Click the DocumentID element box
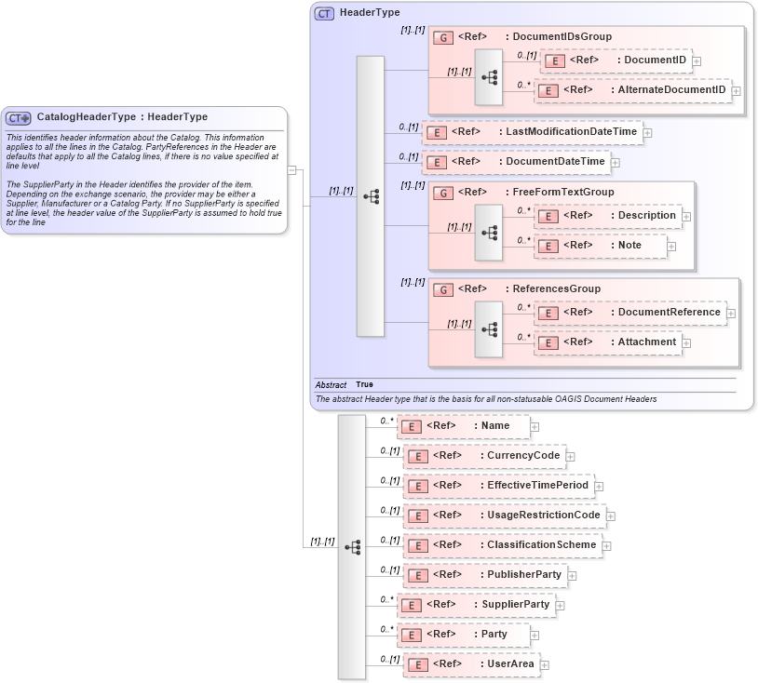tap(614, 60)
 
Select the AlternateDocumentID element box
tap(632, 90)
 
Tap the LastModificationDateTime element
tap(532, 132)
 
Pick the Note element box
tap(601, 246)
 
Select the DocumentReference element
tap(629, 313)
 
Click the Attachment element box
tap(608, 342)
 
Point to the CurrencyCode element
tap(483, 456)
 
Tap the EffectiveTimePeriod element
tap(497, 486)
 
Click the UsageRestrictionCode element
tap(504, 516)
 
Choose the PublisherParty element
tap(484, 575)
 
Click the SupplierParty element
tap(476, 605)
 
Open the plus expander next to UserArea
tap(545, 665)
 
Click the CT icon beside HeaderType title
tap(324, 13)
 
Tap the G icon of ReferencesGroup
tap(444, 289)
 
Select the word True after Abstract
tap(364, 384)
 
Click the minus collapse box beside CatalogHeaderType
tap(291, 169)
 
